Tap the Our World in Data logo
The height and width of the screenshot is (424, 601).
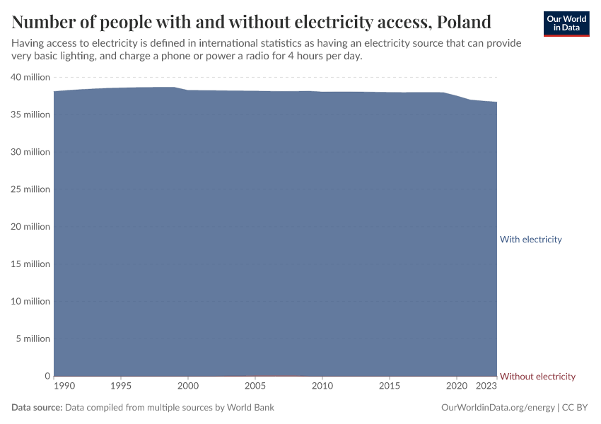566,23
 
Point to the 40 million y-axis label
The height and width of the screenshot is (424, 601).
30,77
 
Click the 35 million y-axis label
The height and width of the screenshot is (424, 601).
30,114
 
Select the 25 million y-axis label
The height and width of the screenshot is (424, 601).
30,189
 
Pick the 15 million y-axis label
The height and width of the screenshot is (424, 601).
30,264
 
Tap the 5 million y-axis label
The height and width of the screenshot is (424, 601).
33,338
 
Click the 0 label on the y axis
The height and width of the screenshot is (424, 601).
47,376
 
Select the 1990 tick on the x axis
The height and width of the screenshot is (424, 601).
63,387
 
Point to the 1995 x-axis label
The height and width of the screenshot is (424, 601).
120,387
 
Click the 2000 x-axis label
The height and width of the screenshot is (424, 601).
187,387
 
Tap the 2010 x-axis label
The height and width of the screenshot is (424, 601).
322,387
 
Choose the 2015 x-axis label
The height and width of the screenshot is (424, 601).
389,387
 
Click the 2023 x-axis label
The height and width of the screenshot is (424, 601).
486,387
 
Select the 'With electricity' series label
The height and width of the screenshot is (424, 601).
530,240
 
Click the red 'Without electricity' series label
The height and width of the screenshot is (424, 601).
537,377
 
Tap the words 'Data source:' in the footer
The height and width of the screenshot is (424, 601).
37,408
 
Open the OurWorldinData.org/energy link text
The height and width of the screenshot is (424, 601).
497,408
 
